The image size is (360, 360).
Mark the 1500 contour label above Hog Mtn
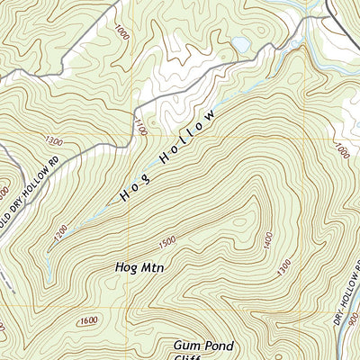point(166,242)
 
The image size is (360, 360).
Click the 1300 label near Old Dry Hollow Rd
point(53,140)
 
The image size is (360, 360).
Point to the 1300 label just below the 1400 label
point(285,268)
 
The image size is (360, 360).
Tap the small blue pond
point(240,44)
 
